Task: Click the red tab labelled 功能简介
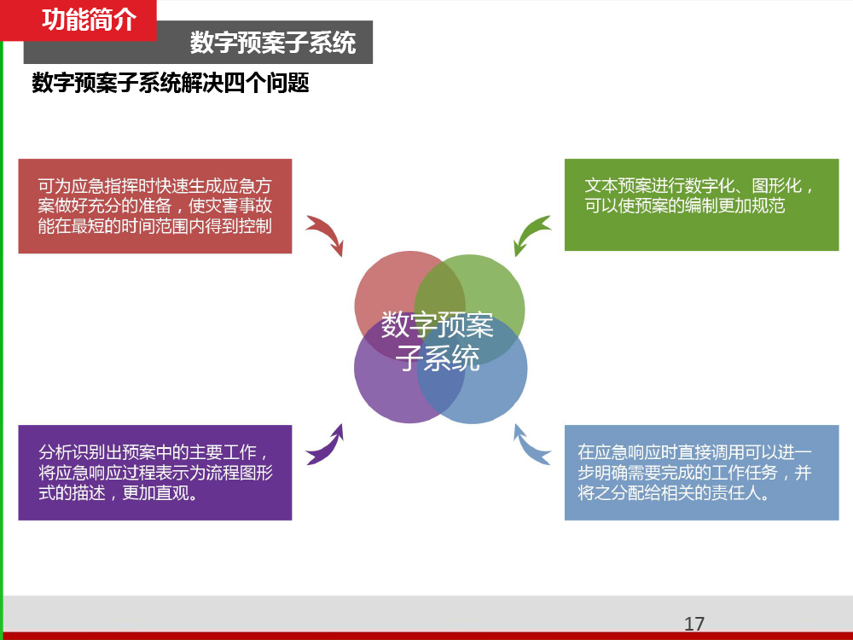[78, 20]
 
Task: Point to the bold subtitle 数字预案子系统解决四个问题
[171, 83]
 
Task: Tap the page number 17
[694, 623]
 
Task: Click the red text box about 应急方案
[155, 207]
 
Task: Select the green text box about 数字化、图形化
[702, 205]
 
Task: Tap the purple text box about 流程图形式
[155, 473]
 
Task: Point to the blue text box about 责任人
[702, 473]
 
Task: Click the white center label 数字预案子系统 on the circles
[438, 341]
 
